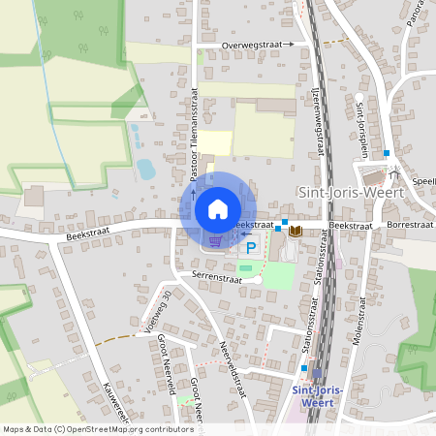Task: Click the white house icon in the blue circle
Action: [x=218, y=209]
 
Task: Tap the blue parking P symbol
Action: [x=251, y=248]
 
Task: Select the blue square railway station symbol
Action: [x=317, y=372]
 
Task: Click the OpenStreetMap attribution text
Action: [x=97, y=428]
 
